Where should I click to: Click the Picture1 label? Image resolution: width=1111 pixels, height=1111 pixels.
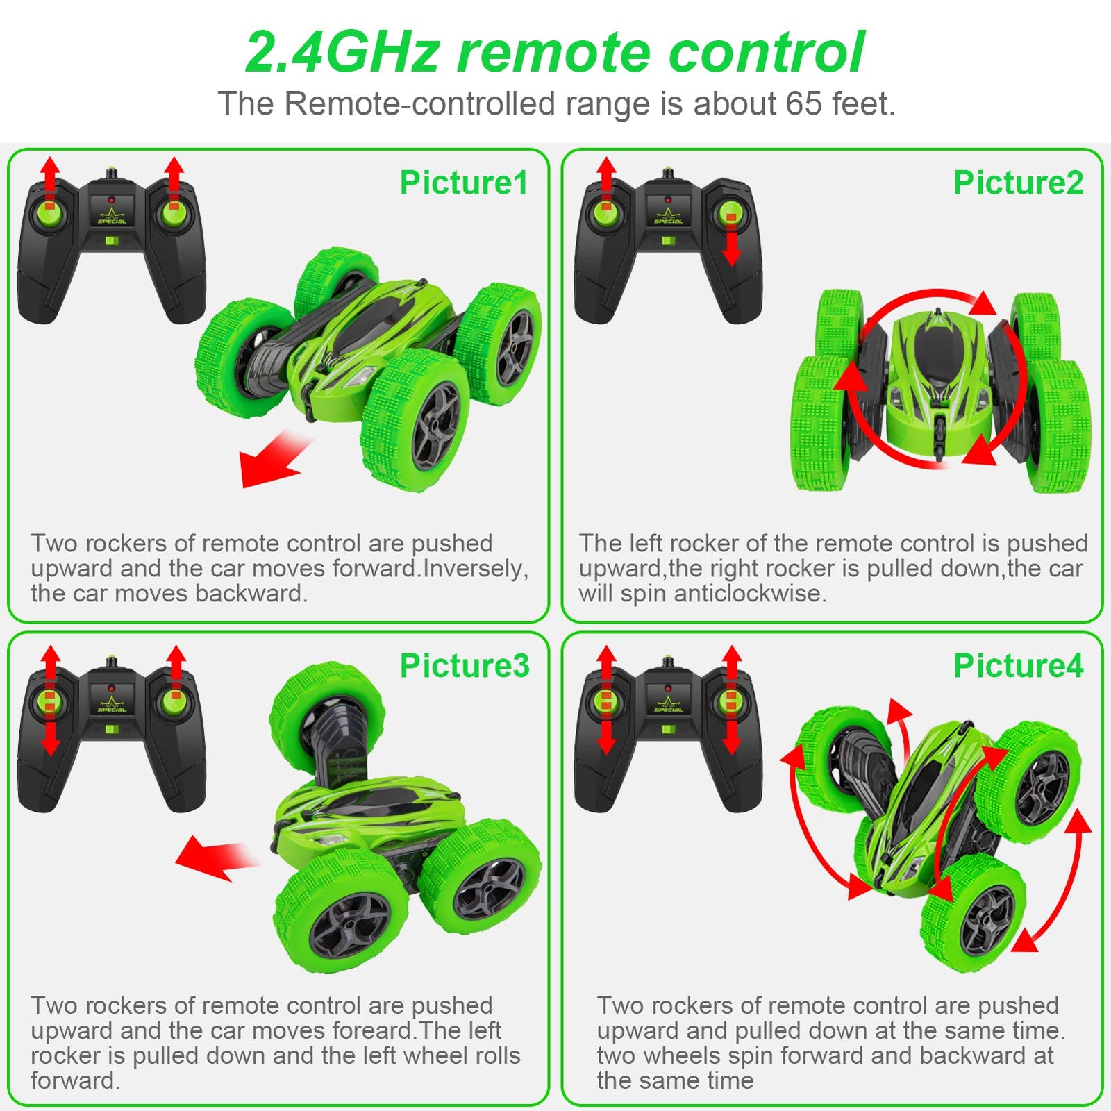tap(464, 183)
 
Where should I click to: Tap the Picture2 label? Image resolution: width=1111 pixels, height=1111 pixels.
tap(1018, 183)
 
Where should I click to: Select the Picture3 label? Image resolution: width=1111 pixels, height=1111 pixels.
tap(464, 666)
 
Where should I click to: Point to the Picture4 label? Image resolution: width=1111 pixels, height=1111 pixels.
tap(1018, 666)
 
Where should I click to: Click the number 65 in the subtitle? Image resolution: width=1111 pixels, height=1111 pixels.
tap(804, 104)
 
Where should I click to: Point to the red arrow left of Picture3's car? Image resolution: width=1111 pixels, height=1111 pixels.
tap(212, 858)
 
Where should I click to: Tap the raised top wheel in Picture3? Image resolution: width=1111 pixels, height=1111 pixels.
tap(326, 719)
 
